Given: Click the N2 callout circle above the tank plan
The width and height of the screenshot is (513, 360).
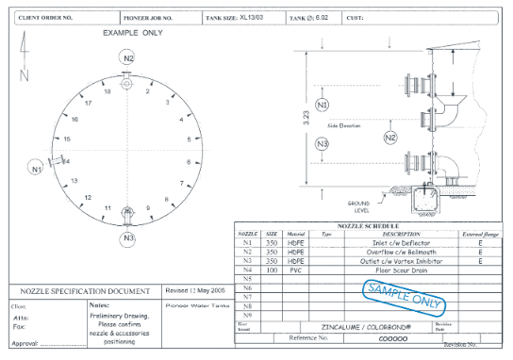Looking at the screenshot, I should (x=128, y=57).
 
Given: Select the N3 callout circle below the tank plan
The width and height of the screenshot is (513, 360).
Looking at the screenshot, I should (x=128, y=237).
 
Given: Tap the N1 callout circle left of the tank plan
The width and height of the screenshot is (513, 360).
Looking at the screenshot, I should (x=36, y=170).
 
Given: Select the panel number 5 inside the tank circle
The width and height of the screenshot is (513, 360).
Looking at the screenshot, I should (x=189, y=139).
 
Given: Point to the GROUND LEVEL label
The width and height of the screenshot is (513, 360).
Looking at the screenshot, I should (x=358, y=205).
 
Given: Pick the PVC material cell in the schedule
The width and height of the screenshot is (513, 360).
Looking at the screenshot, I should (x=296, y=270).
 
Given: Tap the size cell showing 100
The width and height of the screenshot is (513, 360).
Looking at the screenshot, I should (x=272, y=270).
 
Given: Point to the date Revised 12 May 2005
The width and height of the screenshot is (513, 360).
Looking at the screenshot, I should (x=196, y=290).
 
